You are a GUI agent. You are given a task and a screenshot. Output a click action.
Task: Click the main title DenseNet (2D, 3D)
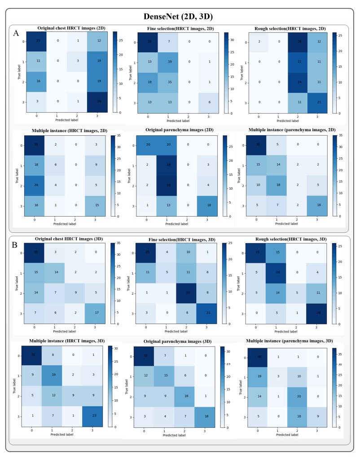[x=180, y=17]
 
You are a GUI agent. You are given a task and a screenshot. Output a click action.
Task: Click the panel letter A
[x=16, y=33]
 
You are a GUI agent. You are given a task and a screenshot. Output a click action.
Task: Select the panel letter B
[x=16, y=245]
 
